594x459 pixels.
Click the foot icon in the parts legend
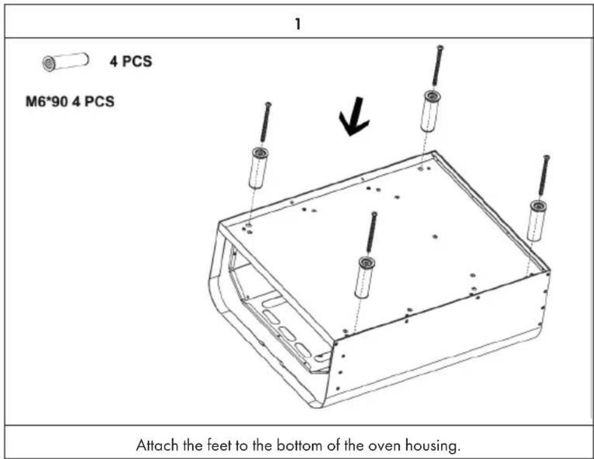(x=65, y=61)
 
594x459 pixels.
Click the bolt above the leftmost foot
(x=265, y=122)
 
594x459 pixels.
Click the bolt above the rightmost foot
(x=544, y=175)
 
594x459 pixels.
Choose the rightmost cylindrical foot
(x=536, y=220)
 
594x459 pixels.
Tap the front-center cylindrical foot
(x=364, y=278)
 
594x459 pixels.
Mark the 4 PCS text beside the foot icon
(x=131, y=61)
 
